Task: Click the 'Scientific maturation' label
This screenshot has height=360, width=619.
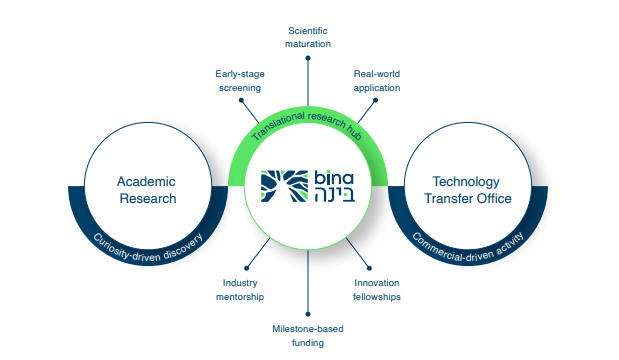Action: pos(308,37)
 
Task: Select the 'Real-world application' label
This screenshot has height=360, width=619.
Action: pos(377,80)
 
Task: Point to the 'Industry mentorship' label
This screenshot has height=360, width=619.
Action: pos(240,289)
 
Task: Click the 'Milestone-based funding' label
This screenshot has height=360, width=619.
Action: pos(308,335)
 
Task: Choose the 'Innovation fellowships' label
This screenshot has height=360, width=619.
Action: pos(377,289)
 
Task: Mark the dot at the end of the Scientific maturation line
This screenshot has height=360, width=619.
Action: pos(308,58)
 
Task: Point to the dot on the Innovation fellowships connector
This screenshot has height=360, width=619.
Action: pos(370,268)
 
